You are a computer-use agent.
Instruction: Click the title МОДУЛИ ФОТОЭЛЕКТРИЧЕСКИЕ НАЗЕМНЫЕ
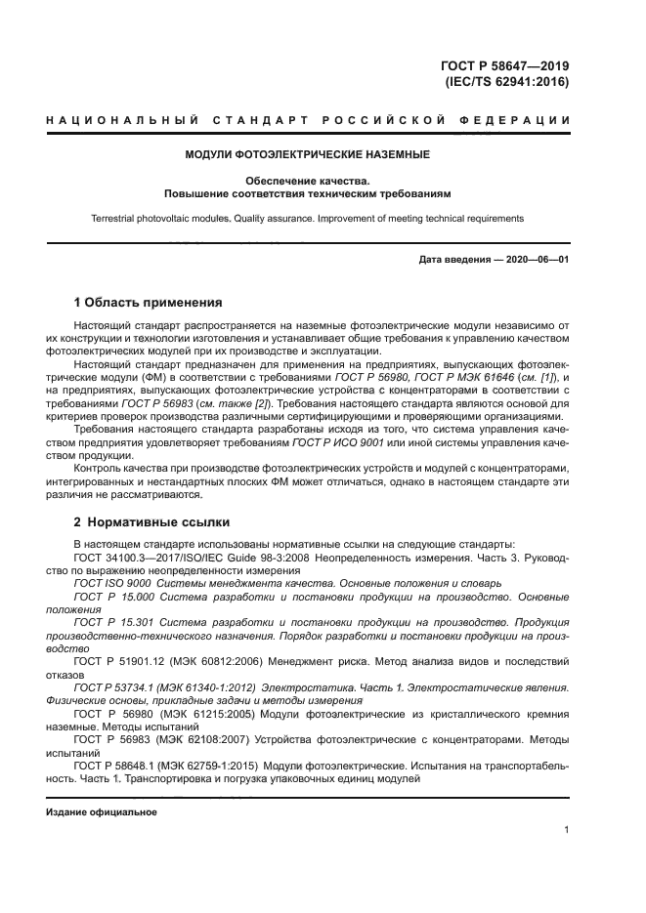pyautogui.click(x=308, y=154)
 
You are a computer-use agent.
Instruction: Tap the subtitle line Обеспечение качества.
pyautogui.click(x=308, y=181)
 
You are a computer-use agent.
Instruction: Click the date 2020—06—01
pyautogui.click(x=537, y=260)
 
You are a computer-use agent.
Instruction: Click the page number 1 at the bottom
pyautogui.click(x=567, y=830)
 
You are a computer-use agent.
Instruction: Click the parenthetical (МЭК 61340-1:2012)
pyautogui.click(x=216, y=687)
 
